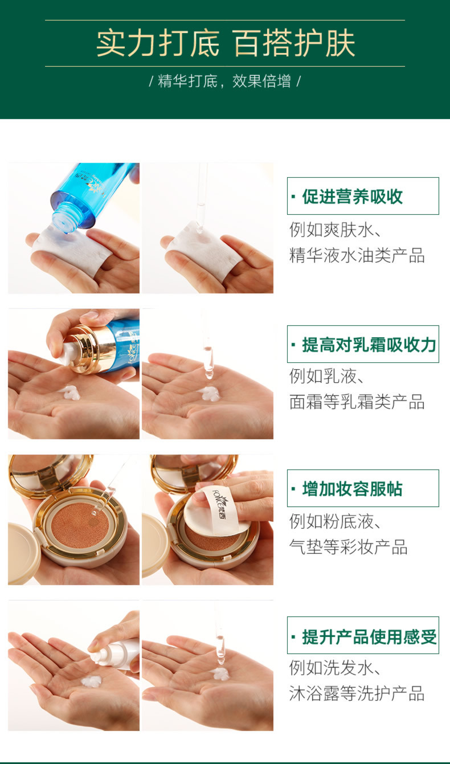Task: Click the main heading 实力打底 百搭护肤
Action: [226, 43]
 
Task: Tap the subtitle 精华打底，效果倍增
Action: [224, 81]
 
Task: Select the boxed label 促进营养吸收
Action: [363, 196]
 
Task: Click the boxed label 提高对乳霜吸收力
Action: [363, 344]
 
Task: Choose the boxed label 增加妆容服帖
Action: [363, 488]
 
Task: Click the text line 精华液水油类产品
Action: [357, 255]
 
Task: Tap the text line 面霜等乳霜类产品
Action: [357, 402]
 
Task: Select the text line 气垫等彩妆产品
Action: [349, 547]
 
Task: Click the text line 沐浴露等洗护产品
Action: [357, 693]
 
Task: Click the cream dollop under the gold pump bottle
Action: [71, 393]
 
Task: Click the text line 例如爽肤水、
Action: [336, 230]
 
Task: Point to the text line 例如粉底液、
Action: [336, 521]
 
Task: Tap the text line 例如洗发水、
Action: [336, 668]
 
